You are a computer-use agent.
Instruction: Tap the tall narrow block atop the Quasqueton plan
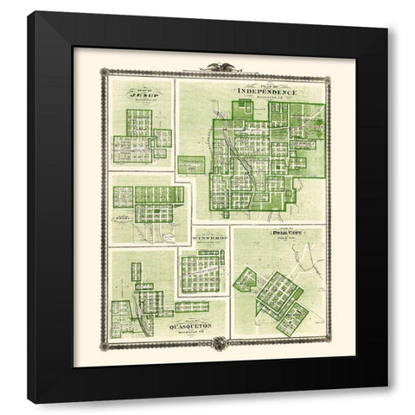[x=136, y=271]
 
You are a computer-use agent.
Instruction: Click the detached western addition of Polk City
[x=246, y=278]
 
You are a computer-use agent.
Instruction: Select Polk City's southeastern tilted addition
[x=292, y=318]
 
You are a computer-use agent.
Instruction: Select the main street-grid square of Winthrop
[x=201, y=273]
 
